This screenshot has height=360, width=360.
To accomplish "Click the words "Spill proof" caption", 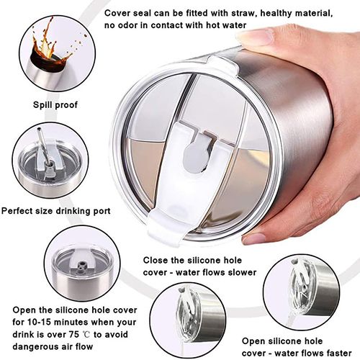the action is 55,105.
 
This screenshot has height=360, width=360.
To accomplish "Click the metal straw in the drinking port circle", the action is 42,146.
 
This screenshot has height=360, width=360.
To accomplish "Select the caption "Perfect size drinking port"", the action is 55,211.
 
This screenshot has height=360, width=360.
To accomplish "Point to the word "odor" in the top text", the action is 126,25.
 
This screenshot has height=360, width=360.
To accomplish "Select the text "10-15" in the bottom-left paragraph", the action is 39,322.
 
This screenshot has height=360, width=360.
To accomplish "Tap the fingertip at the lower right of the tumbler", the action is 253,238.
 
